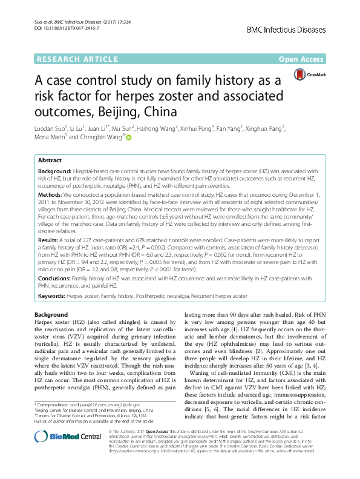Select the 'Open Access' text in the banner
coord(301,59)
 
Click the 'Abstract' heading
coord(50,160)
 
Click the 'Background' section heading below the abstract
coord(51,315)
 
